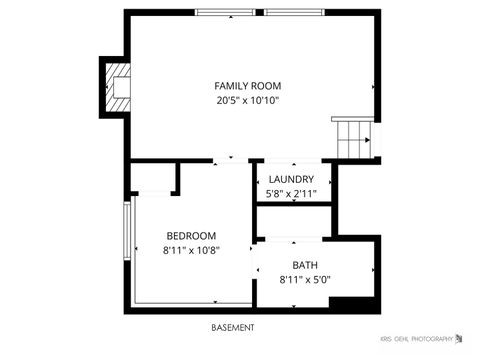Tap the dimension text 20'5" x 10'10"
[247, 100]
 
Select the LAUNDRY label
[291, 180]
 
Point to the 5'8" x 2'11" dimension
[291, 194]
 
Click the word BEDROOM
[191, 236]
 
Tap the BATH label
[305, 265]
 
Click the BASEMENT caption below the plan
[233, 327]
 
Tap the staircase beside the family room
[356, 136]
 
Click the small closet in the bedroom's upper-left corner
[152, 179]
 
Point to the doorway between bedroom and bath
[253, 270]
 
